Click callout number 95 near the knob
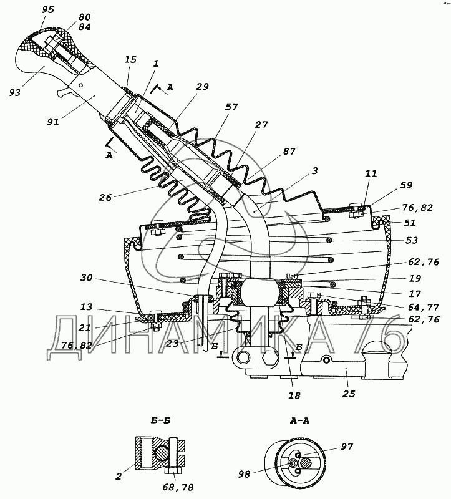(x=48, y=9)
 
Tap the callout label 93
(x=14, y=92)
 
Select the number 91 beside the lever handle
(x=53, y=122)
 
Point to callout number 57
(x=231, y=107)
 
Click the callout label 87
(x=289, y=151)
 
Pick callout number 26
(x=105, y=197)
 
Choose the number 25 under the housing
(x=349, y=394)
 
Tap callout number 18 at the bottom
(x=294, y=395)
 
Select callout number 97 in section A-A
(x=347, y=447)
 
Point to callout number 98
(x=245, y=474)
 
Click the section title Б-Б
(x=160, y=420)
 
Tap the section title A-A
(x=299, y=420)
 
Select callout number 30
(x=86, y=278)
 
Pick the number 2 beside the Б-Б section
(x=119, y=477)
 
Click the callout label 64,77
(x=424, y=308)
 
